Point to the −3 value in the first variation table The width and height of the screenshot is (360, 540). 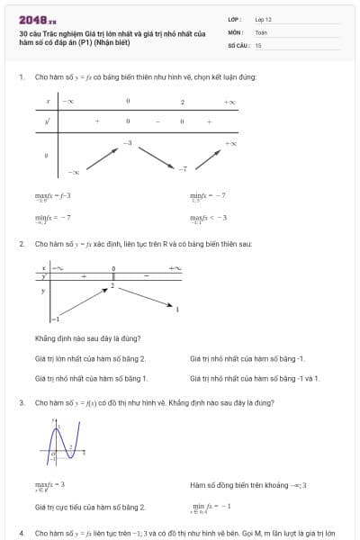pyautogui.click(x=128, y=143)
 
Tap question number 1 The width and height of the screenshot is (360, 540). pyautogui.click(x=21, y=77)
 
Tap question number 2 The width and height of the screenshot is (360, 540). pyautogui.click(x=21, y=244)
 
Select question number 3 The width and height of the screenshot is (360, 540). pyautogui.click(x=21, y=402)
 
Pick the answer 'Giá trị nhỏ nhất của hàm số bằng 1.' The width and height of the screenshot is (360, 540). pyautogui.click(x=91, y=378)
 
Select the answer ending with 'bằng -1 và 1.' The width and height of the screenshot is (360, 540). pyautogui.click(x=255, y=378)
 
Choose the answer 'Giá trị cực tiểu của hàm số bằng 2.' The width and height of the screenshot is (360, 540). pyautogui.click(x=90, y=508)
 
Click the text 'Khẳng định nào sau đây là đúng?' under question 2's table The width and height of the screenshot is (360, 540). pyautogui.click(x=87, y=338)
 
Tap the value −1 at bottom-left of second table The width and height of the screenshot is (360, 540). pyautogui.click(x=54, y=319)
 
